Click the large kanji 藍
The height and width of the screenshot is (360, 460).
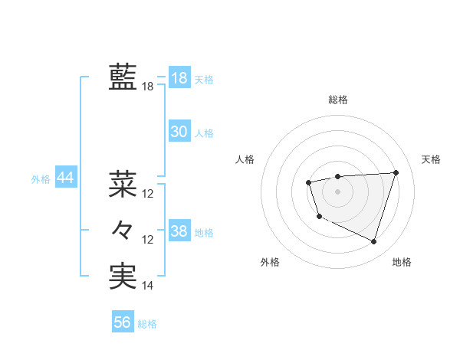point(123,77)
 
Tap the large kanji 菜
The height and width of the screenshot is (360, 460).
point(123,184)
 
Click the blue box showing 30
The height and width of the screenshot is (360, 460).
point(179,132)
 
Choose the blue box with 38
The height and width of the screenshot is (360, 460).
point(179,231)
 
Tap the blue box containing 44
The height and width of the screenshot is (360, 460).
point(65,178)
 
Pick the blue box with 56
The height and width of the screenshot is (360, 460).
point(123,322)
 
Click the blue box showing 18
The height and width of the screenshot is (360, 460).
point(179,78)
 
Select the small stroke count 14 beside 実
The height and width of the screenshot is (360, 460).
point(148,286)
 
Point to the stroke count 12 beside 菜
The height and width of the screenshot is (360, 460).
point(148,194)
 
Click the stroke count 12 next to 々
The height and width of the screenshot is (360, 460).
point(148,240)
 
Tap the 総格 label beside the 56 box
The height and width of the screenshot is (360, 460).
point(147,324)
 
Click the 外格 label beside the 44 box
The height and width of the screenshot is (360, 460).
point(41,179)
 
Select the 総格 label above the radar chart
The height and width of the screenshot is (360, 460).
point(337,100)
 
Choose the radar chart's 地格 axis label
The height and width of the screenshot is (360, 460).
point(402,262)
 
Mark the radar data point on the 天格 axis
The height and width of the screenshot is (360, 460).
point(396,172)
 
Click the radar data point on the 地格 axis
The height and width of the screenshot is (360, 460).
point(373,242)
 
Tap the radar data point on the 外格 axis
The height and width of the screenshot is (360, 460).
point(319,217)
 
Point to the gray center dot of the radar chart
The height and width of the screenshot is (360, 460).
point(337,191)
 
